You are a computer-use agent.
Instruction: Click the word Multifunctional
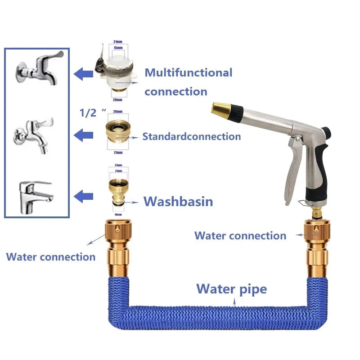pos(188,72)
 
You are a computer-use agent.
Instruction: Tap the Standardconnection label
pos(191,136)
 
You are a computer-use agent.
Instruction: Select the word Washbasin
pos(178,201)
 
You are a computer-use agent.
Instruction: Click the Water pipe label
pos(231,288)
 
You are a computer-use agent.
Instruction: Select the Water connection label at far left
pos(50,257)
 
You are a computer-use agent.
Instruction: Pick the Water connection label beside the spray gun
pos(240,235)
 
